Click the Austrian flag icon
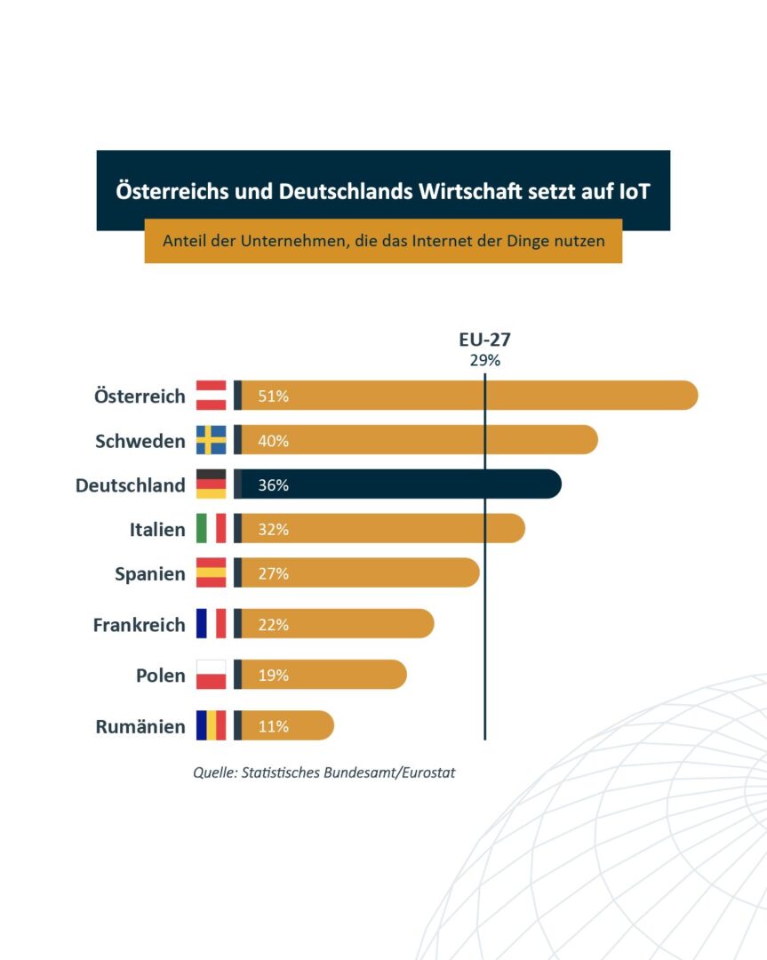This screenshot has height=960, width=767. click(212, 396)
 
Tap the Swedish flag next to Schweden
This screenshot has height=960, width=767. click(212, 440)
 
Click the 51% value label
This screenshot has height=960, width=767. click(273, 396)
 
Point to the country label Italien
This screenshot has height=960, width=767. click(157, 530)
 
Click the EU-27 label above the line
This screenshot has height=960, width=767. click(484, 340)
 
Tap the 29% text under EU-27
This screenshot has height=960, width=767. click(484, 361)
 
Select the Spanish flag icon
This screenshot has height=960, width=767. click(212, 573)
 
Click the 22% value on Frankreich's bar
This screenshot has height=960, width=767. click(273, 625)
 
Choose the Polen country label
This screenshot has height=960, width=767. click(161, 676)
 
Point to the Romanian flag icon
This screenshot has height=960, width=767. click(212, 725)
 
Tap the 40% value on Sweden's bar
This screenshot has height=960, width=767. click(273, 441)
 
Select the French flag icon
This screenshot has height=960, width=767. click(212, 624)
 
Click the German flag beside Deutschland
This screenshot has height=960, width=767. click(212, 484)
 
